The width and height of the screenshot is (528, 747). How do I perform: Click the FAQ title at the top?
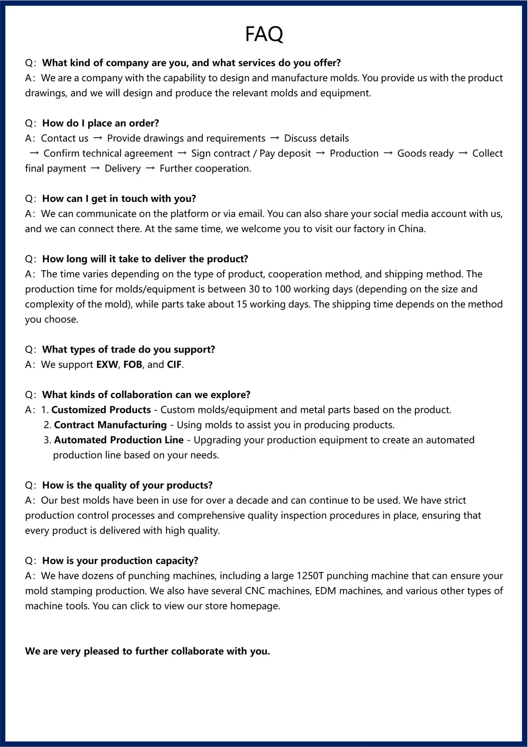click(x=264, y=34)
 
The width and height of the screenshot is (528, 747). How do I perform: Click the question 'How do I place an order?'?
click(x=100, y=123)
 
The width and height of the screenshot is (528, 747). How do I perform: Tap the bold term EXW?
click(x=107, y=365)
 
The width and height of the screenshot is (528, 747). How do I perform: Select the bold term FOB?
click(x=133, y=365)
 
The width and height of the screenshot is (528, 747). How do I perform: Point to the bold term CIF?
click(x=174, y=365)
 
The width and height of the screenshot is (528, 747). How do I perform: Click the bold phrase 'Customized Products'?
click(x=101, y=410)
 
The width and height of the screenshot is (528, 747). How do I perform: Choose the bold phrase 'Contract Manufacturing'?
click(x=110, y=425)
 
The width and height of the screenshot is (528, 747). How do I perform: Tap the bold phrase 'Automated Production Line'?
click(x=119, y=440)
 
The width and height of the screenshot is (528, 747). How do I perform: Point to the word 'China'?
click(x=411, y=229)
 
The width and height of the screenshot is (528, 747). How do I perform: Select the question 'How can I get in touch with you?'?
click(x=119, y=198)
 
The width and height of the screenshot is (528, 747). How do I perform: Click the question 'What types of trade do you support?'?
click(x=129, y=350)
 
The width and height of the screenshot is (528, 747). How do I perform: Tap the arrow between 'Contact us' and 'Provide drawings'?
click(x=98, y=138)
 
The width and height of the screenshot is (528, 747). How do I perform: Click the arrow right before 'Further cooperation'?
click(x=150, y=168)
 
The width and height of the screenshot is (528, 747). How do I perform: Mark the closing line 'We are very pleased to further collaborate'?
click(x=148, y=651)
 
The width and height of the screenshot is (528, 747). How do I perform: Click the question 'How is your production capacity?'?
click(x=120, y=560)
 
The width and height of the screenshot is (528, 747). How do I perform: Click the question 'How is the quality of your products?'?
click(x=127, y=485)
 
